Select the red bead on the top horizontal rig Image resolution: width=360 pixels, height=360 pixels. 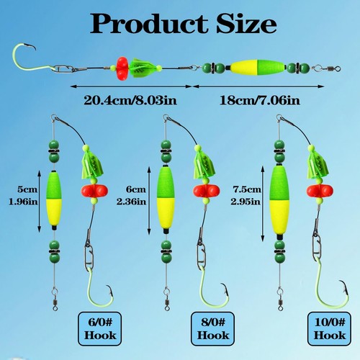[122, 69]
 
